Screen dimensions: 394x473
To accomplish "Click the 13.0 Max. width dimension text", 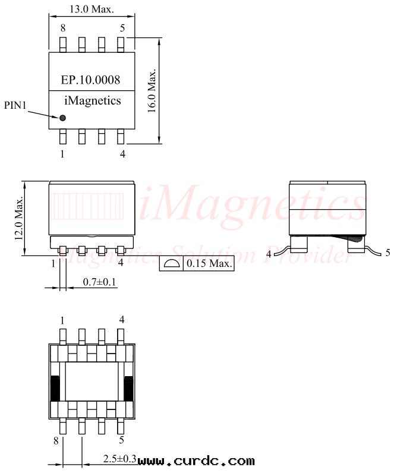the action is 92,9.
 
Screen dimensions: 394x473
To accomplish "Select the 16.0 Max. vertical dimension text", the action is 152,91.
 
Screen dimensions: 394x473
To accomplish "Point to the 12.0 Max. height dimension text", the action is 19,219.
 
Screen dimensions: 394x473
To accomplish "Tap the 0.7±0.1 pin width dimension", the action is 100,282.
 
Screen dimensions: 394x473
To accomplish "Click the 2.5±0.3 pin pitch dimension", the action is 120,459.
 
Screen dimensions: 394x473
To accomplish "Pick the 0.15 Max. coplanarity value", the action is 209,263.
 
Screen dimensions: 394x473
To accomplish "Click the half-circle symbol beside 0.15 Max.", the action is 171,263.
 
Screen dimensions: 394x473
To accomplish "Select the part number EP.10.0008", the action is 90,80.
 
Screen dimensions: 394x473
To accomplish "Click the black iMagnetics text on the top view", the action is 93,101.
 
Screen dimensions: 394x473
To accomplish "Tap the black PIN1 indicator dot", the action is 62,118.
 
